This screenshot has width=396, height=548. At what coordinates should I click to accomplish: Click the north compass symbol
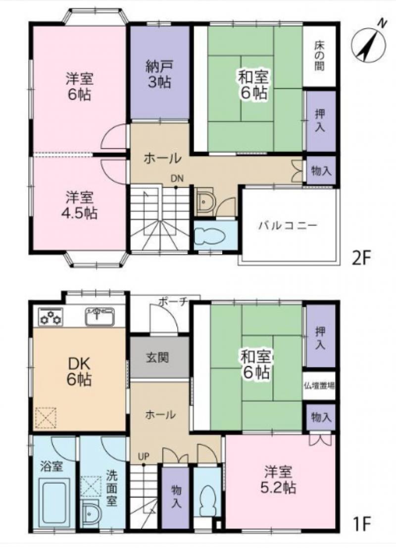368,43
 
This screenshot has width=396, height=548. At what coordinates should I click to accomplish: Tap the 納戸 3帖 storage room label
159,74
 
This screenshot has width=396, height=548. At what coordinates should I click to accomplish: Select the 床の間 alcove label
319,55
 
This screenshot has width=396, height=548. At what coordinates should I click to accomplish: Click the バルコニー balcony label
288,225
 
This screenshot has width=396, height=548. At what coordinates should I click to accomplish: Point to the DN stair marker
177,178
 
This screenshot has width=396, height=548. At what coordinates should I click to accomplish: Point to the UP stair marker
143,456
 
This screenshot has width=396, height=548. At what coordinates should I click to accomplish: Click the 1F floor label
361,523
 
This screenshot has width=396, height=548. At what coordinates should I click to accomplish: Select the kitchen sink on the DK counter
100,316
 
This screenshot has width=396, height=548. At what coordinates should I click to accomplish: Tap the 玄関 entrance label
158,357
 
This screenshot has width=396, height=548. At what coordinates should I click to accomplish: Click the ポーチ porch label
174,302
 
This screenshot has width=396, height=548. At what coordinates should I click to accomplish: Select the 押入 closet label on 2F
320,120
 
